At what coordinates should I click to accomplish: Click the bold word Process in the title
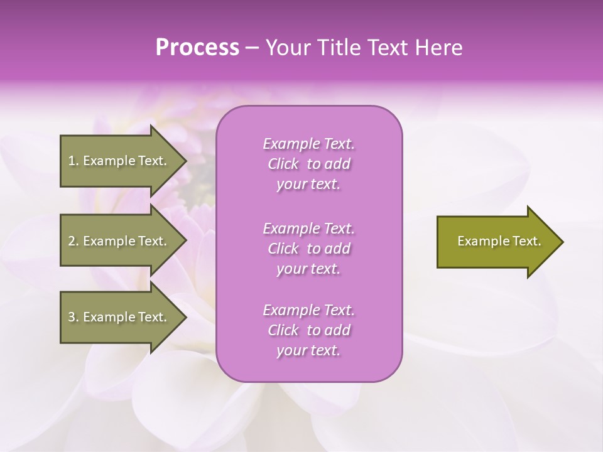(197, 48)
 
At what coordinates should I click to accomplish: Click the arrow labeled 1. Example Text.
(119, 161)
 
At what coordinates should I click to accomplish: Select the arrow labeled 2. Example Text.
(119, 241)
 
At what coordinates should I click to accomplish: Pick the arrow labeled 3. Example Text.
(119, 317)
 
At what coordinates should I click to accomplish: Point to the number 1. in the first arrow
(73, 161)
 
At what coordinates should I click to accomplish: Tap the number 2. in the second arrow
(73, 241)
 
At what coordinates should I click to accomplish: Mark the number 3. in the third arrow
(73, 317)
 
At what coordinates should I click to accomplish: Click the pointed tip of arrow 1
(185, 161)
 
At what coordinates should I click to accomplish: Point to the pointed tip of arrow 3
(185, 317)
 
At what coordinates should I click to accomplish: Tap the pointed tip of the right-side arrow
(562, 242)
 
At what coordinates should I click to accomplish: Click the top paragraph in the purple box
(308, 164)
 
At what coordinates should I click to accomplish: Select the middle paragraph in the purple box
(308, 249)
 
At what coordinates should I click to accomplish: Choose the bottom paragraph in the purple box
(308, 330)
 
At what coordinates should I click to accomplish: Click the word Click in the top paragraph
(283, 164)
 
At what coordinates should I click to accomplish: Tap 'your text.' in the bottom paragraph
(308, 351)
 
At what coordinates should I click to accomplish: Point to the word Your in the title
(286, 48)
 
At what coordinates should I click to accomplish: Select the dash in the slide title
(253, 48)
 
